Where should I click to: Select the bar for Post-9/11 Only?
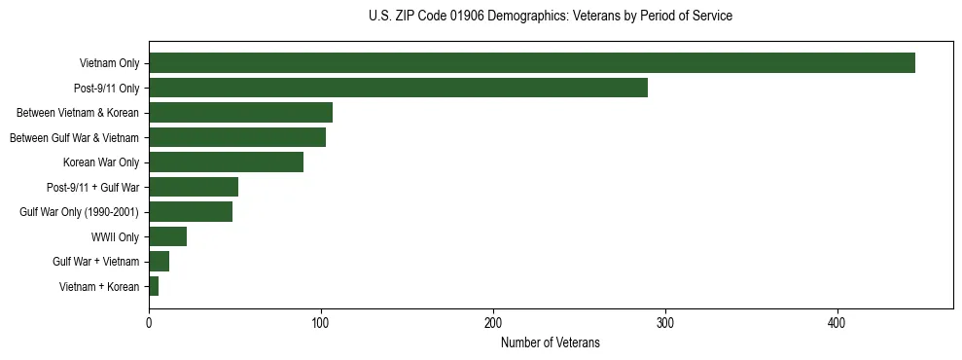(x=398, y=88)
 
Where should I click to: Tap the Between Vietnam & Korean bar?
(x=240, y=113)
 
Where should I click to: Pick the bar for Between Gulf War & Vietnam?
(x=237, y=137)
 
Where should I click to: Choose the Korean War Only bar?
(x=226, y=162)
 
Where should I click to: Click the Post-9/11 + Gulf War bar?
(x=194, y=187)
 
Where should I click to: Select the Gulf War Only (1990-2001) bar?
(x=191, y=212)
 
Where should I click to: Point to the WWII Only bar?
(x=167, y=236)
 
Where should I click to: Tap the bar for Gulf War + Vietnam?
(x=159, y=262)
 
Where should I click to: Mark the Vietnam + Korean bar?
(x=154, y=286)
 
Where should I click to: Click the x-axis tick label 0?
(x=149, y=323)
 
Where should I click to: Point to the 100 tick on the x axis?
(x=321, y=323)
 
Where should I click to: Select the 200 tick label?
(x=493, y=323)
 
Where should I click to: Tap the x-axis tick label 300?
(x=665, y=323)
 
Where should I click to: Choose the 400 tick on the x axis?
(x=837, y=323)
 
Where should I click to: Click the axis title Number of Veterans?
(x=550, y=342)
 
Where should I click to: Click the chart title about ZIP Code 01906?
(x=550, y=17)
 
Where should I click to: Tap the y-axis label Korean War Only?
(x=101, y=162)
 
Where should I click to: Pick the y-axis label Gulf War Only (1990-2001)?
(x=80, y=212)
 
